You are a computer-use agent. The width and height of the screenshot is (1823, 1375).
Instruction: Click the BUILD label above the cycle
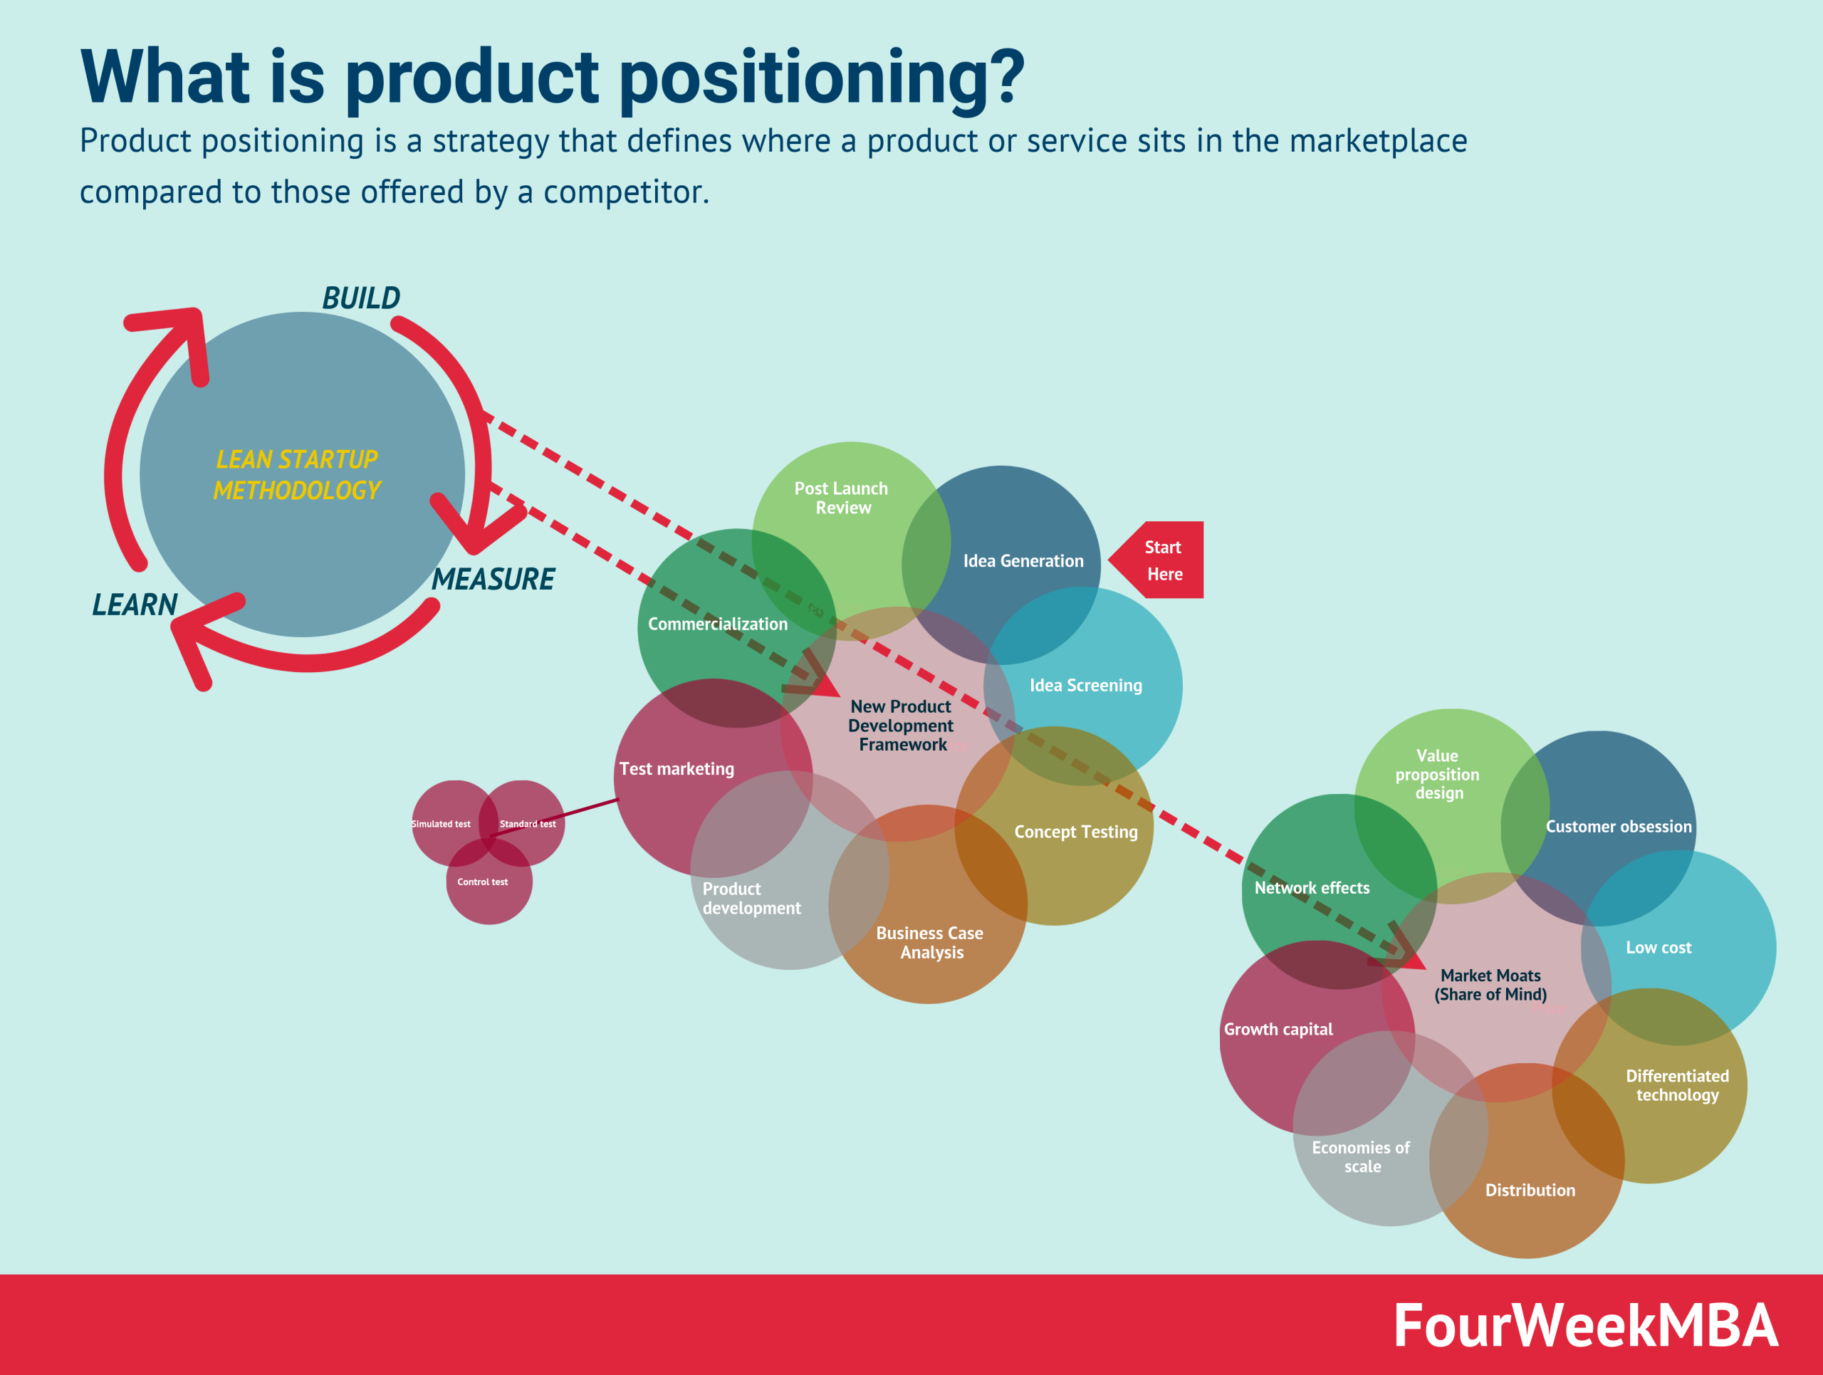pyautogui.click(x=361, y=298)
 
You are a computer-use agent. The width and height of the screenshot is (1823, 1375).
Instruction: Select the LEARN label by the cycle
pyautogui.click(x=135, y=605)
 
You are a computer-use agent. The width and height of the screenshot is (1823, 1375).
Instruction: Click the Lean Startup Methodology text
pyautogui.click(x=297, y=474)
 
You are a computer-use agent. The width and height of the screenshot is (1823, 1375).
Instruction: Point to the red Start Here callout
pyautogui.click(x=1161, y=560)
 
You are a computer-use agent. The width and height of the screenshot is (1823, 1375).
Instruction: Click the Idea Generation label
pyautogui.click(x=1023, y=561)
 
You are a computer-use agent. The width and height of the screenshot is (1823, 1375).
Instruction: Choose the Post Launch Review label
pyautogui.click(x=842, y=498)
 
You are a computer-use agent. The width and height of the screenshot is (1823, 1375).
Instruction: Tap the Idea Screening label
pyautogui.click(x=1085, y=686)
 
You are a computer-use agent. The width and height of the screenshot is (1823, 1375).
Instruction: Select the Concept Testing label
pyautogui.click(x=1075, y=832)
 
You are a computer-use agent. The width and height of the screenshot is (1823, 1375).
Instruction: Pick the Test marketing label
pyautogui.click(x=677, y=768)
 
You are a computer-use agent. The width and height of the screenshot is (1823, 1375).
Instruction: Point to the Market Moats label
pyautogui.click(x=1490, y=985)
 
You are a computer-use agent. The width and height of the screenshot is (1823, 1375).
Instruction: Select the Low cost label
pyautogui.click(x=1659, y=948)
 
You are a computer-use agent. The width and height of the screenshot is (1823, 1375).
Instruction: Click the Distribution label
pyautogui.click(x=1530, y=1190)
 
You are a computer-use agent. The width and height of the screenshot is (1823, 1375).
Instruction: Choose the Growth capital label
pyautogui.click(x=1278, y=1029)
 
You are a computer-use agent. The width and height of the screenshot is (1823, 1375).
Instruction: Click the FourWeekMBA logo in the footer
pyautogui.click(x=1585, y=1326)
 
